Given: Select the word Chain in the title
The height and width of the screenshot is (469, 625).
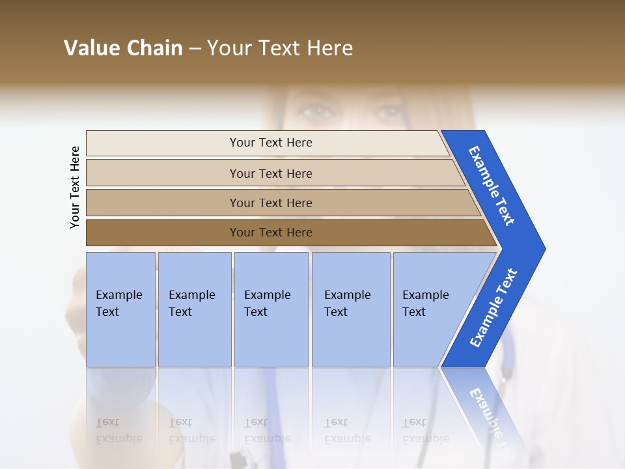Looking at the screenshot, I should [154, 48].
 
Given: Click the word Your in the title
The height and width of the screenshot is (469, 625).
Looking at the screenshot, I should [228, 48].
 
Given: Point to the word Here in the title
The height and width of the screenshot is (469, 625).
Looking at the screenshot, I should [329, 48].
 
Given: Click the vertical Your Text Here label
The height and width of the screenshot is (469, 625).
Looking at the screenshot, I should [75, 187].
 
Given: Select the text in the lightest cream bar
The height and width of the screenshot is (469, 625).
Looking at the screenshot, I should [271, 143].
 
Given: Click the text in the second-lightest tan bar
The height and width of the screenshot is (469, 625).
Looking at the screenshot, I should [271, 173].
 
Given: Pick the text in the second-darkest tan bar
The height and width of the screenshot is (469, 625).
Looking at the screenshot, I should [271, 203].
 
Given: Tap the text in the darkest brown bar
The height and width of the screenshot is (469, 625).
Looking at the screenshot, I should [271, 233].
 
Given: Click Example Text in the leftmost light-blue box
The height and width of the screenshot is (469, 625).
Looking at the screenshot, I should [118, 304].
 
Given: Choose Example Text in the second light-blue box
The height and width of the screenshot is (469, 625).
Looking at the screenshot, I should [191, 304].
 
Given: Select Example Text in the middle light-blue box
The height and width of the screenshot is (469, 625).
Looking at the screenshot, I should [267, 304].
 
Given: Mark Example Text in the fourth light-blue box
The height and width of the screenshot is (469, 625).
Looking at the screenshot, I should [347, 304].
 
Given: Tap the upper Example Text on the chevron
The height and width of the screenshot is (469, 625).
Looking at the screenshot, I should [492, 186].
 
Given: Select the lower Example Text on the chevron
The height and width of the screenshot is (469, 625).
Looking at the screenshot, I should [493, 308].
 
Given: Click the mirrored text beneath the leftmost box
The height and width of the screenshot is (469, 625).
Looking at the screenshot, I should [118, 431].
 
